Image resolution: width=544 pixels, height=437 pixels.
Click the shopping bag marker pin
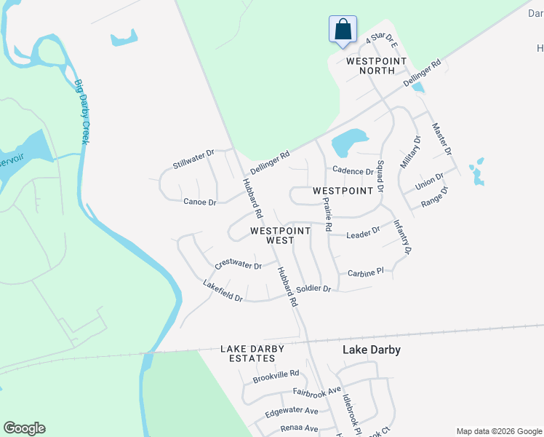coord(343,30)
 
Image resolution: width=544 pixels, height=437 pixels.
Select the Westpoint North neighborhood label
coord(370,66)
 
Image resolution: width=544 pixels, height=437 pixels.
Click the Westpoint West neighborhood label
coord(280,235)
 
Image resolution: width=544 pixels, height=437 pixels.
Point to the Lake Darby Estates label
coord(252,354)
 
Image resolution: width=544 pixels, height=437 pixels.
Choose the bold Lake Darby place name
coord(371,350)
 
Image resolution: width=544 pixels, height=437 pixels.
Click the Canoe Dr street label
coord(199,202)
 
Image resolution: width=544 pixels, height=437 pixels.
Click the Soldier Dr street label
coord(313,289)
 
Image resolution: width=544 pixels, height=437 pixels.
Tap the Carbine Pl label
coord(365,272)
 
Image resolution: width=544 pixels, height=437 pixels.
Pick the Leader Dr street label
coord(363,234)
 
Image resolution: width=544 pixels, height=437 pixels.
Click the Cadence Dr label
coord(352,171)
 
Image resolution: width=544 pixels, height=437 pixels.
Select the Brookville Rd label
coord(276,377)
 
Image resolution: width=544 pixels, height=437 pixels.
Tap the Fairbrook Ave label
coord(316,391)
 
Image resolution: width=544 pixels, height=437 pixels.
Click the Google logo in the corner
coord(24,428)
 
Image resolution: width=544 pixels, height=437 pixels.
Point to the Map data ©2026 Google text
coord(499,431)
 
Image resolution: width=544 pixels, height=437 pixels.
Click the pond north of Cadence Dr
coord(349,140)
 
